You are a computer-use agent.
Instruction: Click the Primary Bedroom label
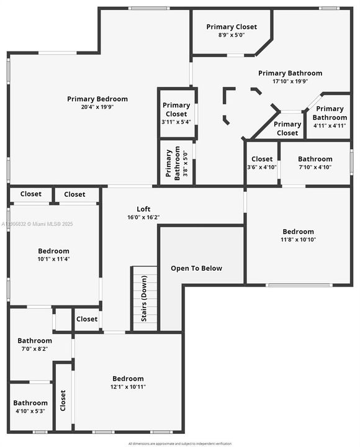click(x=97, y=99)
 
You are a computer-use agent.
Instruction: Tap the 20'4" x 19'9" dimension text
click(x=97, y=107)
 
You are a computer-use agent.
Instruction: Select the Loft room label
click(x=143, y=209)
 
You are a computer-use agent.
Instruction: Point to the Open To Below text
click(x=197, y=268)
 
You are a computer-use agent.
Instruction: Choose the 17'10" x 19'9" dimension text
click(x=290, y=81)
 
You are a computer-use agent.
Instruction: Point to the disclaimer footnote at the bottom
click(x=180, y=443)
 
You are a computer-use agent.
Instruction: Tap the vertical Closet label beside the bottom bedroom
click(x=63, y=400)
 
